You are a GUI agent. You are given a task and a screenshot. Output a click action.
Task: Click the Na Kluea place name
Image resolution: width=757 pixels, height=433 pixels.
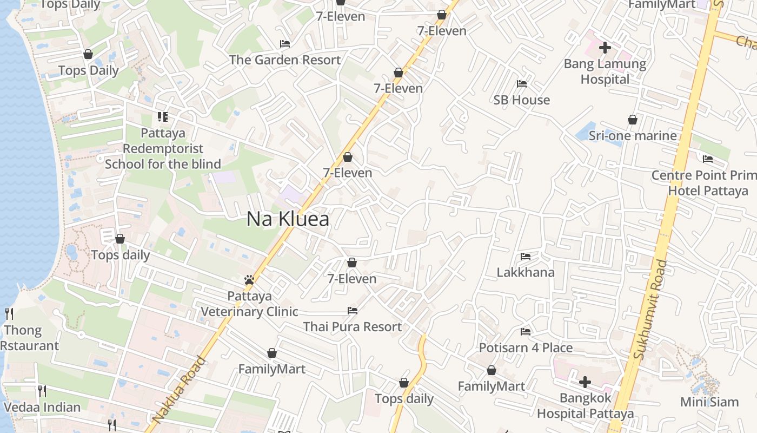click(x=288, y=219)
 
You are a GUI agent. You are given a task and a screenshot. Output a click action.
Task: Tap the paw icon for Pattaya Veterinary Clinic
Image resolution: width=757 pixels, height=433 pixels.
click(x=249, y=280)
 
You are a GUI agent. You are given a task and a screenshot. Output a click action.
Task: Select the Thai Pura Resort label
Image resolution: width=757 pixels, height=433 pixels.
click(x=353, y=327)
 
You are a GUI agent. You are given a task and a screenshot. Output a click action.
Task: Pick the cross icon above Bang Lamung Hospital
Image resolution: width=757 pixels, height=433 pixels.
click(x=605, y=48)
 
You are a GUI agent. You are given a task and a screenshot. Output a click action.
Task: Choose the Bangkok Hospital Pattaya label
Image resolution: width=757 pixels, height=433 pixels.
click(x=585, y=406)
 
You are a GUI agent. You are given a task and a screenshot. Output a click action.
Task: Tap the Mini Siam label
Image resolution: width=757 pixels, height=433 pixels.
click(x=709, y=402)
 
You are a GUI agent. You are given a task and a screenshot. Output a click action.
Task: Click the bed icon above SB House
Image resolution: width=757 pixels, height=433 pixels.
click(x=522, y=83)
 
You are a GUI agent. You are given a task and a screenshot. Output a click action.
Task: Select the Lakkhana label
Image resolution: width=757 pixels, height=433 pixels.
click(x=526, y=272)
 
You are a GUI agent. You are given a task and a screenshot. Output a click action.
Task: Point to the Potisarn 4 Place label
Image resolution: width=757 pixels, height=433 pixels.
click(x=526, y=347)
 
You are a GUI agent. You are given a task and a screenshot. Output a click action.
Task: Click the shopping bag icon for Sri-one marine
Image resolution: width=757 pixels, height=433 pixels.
click(x=632, y=120)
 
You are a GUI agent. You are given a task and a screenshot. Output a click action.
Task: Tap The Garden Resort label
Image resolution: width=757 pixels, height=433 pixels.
click(x=285, y=60)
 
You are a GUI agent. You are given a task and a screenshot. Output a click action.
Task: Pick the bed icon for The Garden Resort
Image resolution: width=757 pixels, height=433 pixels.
click(x=285, y=43)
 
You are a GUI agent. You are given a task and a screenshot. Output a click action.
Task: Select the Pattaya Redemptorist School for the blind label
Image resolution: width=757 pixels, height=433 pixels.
click(x=163, y=148)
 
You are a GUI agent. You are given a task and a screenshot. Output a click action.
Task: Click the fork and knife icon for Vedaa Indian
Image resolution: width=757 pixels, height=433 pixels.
click(x=42, y=391)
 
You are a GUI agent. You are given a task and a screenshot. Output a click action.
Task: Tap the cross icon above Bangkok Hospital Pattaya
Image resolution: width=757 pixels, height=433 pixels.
click(x=585, y=382)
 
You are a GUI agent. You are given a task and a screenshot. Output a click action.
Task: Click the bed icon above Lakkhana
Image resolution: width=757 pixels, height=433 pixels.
click(x=526, y=256)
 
